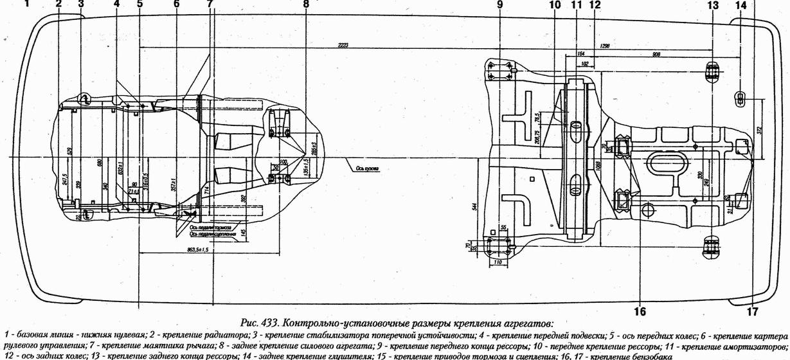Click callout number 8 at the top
coord(306,4)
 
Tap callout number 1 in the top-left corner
coord(27,4)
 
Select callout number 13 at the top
coord(712,4)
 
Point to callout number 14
coord(741,4)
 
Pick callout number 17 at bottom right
coord(752,311)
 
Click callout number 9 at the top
coord(499,4)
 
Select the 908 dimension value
coord(656,55)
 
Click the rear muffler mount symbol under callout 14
coord(739,98)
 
